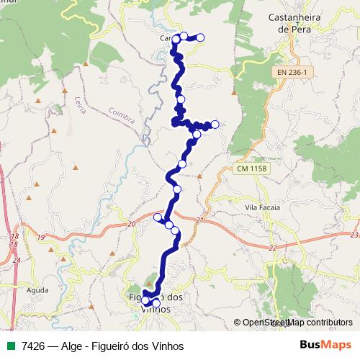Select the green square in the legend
(9, 346)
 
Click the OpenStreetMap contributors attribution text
(293, 323)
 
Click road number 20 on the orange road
(130, 225)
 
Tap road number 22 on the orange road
(272, 248)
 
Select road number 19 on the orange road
(40, 237)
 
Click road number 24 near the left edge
(17, 260)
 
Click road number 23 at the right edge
(354, 235)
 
